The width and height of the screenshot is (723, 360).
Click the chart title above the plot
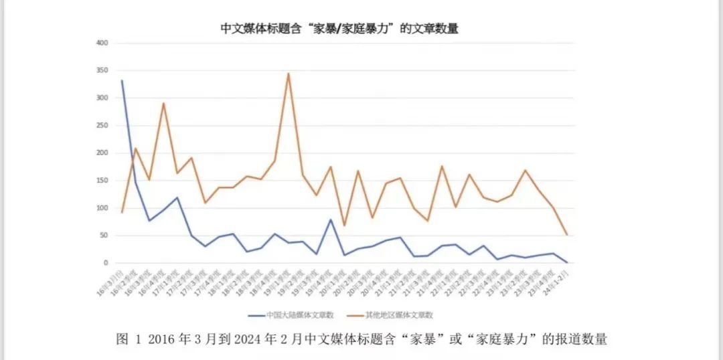(339, 29)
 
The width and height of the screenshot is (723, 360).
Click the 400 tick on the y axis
(102, 43)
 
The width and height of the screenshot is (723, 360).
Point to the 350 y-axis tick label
(102, 71)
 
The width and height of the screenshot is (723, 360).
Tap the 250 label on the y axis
(102, 126)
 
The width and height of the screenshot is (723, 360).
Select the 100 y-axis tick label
(102, 208)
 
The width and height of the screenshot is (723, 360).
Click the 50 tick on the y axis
(104, 236)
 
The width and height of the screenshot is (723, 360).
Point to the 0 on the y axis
(106, 263)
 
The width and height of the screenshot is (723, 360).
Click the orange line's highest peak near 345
(289, 74)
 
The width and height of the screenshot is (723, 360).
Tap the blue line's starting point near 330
(122, 81)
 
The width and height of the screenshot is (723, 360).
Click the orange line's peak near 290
(163, 103)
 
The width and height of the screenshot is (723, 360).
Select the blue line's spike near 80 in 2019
(331, 219)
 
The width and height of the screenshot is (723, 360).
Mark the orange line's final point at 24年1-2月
(567, 235)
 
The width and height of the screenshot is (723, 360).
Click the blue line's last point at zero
(567, 262)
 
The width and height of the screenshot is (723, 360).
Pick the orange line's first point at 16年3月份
(122, 212)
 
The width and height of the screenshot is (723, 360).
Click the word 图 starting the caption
(123, 339)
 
